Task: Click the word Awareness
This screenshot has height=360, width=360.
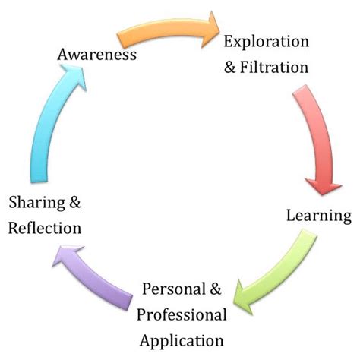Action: point(97,55)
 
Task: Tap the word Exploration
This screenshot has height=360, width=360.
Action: point(265,41)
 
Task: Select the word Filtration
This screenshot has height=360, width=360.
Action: point(275,67)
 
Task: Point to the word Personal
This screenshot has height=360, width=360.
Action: point(175,289)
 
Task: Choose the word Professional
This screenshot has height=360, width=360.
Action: point(182,314)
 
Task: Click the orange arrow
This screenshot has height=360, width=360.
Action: point(159,34)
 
